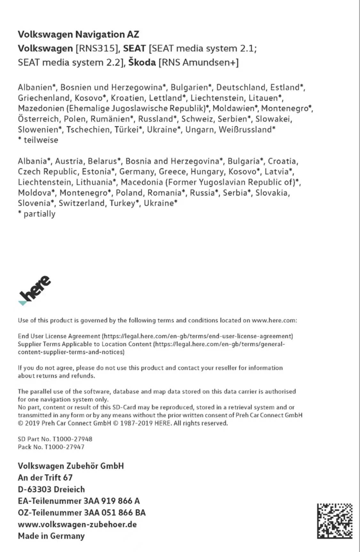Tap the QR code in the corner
pyautogui.click(x=335, y=521)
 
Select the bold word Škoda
pyautogui.click(x=142, y=62)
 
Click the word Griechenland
pyautogui.click(x=44, y=98)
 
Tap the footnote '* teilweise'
pyautogui.click(x=38, y=140)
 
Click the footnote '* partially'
pyautogui.click(x=37, y=214)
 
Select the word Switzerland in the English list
pyautogui.click(x=82, y=203)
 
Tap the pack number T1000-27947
pyautogui.click(x=64, y=447)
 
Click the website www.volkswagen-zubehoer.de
pyautogui.click(x=77, y=524)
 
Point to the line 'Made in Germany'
pyautogui.click(x=51, y=536)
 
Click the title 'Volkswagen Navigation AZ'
pyautogui.click(x=78, y=34)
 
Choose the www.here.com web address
pyautogui.click(x=274, y=320)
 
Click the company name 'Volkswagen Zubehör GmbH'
pyautogui.click(x=71, y=466)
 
